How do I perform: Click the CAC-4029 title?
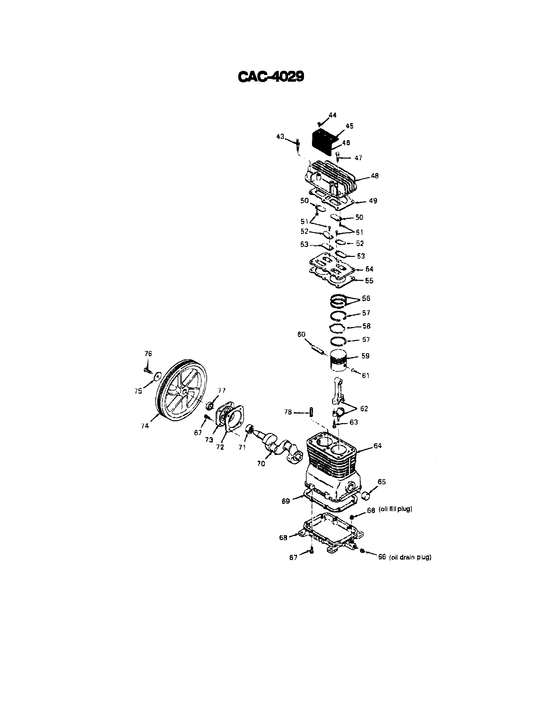point(270,77)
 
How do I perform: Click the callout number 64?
point(377,446)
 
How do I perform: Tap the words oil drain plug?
point(410,557)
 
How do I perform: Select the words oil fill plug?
point(395,509)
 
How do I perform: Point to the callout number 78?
point(288,412)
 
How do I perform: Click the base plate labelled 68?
point(331,534)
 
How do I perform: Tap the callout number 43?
point(280,137)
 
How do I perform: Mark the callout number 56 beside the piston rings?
point(366,298)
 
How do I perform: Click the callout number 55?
point(369,280)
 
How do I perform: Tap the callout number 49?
point(373,201)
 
